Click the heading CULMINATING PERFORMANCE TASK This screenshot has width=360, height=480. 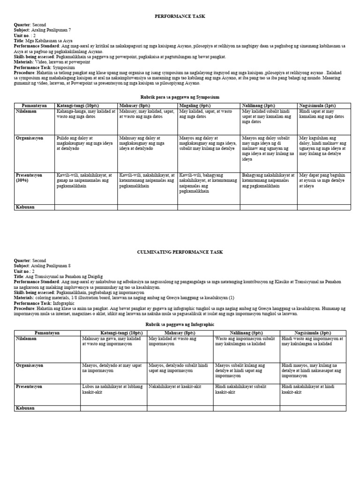coord(180,252)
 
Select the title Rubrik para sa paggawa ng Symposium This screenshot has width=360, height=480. coord(180,97)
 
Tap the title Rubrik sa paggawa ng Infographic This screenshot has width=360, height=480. coord(180,324)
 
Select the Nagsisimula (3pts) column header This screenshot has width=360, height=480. coord(313,332)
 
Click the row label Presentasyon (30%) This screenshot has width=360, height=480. coord(29,178)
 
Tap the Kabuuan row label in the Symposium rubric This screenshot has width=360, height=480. coord(26,207)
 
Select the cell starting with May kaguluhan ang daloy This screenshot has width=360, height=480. coord(322,145)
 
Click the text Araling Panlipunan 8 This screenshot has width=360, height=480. coord(54,265)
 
